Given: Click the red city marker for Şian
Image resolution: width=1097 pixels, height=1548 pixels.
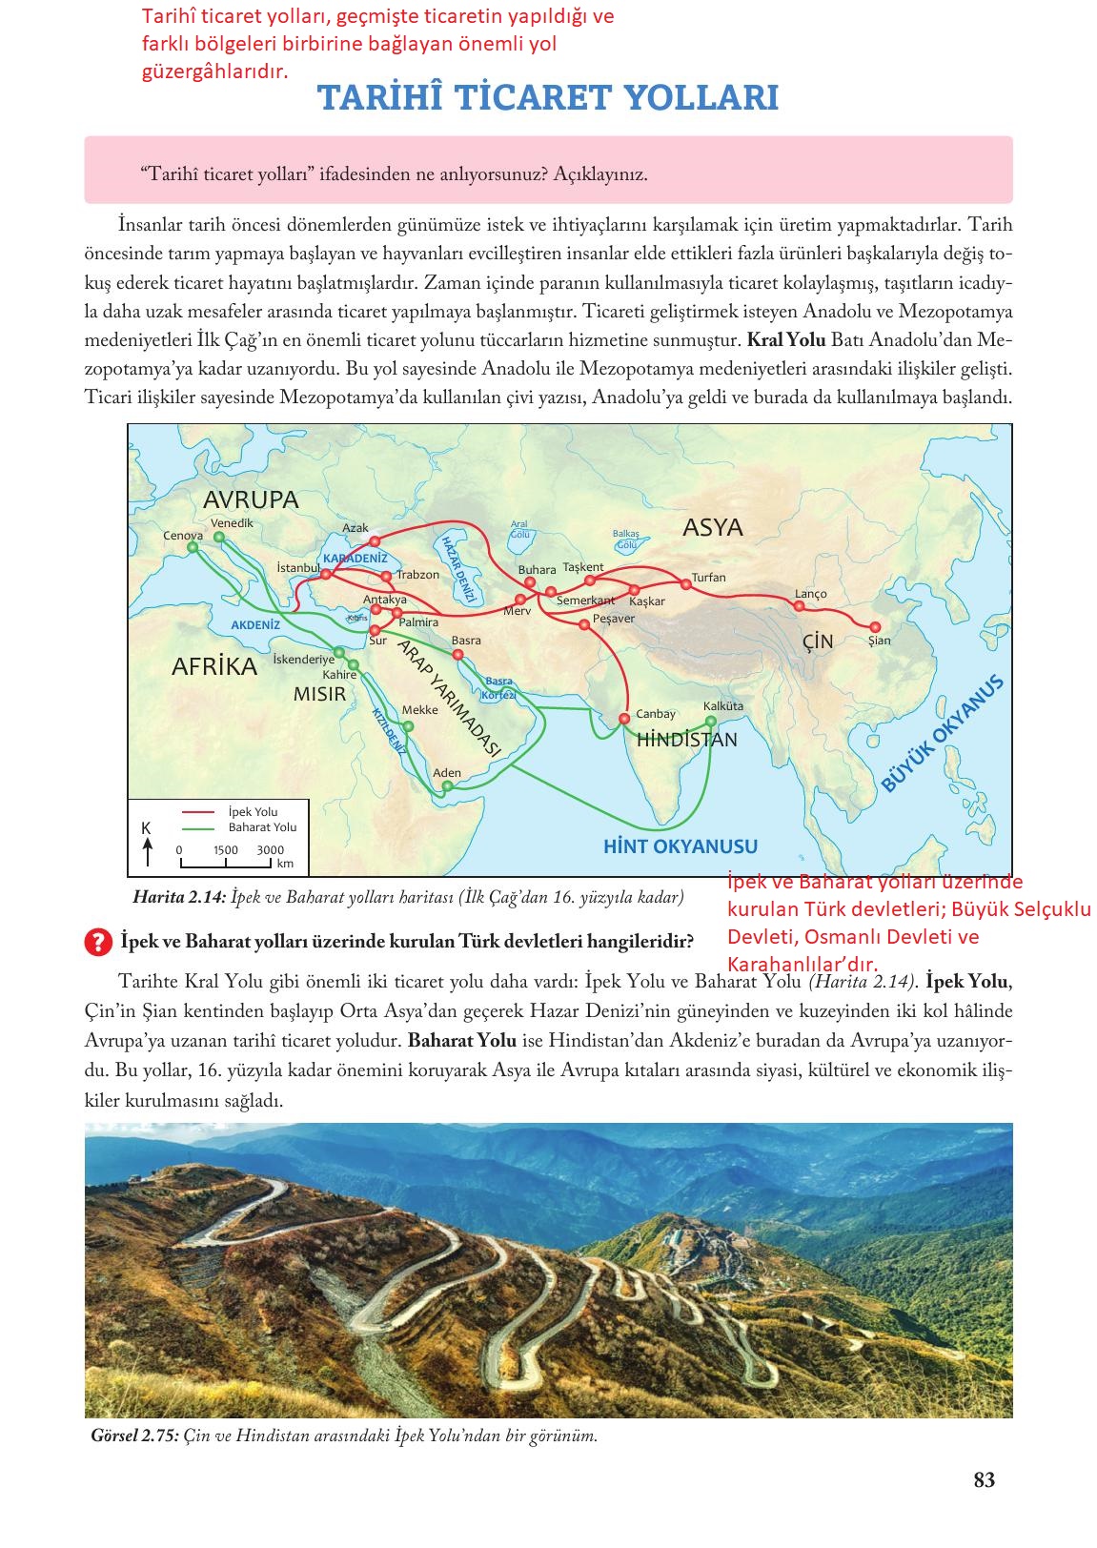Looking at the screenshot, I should (875, 626).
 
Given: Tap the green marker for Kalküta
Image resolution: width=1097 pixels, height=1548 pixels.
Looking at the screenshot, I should (711, 721).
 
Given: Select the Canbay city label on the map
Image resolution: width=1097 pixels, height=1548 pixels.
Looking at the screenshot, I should (655, 714).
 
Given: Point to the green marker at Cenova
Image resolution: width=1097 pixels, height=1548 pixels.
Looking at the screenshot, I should (193, 548).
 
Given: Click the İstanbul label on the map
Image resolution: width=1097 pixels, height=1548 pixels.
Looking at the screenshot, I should (297, 568).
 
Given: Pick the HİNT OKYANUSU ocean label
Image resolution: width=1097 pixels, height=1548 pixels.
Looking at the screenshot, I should (681, 845).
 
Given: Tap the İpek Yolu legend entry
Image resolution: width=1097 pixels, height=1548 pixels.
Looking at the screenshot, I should (253, 812).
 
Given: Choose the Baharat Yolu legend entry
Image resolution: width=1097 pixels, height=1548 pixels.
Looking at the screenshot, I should (262, 827).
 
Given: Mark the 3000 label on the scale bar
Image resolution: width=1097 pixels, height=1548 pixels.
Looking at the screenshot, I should (270, 850).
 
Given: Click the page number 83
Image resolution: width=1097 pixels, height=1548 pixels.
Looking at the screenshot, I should (985, 1480).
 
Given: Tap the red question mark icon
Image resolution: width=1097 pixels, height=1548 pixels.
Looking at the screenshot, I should (98, 942).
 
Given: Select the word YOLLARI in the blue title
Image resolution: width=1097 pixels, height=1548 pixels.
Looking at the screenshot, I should (700, 98).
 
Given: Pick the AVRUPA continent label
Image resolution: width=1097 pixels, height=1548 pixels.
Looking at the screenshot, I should (251, 499).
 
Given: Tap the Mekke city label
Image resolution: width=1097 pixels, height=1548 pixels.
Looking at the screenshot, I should (419, 710).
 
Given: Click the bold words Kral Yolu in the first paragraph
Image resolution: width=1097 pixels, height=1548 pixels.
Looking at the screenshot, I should (786, 340).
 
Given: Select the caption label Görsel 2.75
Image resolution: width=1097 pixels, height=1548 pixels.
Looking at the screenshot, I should (133, 1436).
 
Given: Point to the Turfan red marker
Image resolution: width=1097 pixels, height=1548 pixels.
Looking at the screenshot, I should (684, 582).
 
